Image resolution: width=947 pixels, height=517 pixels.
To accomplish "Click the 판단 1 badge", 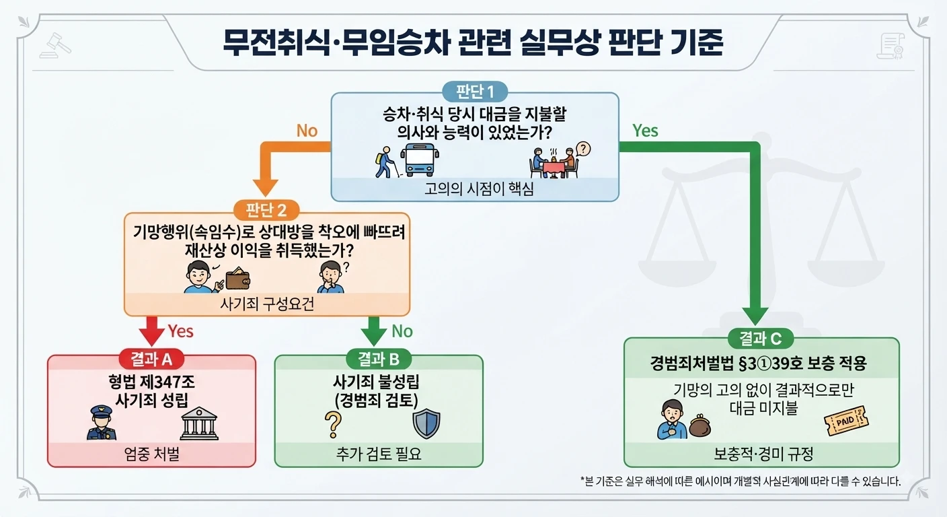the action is pos(475,92).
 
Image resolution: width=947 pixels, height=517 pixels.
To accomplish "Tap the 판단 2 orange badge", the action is pos(266,210).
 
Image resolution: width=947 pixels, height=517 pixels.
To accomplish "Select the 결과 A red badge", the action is pos(151,359).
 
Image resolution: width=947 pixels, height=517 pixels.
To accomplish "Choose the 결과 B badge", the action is pos(379,359).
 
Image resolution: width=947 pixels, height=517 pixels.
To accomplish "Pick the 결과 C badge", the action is pos(761,339).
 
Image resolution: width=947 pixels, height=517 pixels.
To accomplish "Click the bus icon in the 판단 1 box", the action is pos(420,160).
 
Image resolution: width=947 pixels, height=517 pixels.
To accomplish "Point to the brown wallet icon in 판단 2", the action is pos(237,279).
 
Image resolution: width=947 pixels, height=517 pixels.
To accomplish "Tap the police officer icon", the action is pos(102,423).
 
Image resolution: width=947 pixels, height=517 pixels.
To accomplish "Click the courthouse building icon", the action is pos(199,423).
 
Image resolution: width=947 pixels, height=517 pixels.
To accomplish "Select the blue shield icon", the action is pos(426,423).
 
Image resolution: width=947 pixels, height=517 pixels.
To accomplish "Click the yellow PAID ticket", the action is pos(846,421).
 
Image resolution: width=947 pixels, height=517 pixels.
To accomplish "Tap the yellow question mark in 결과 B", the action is pos(333,425).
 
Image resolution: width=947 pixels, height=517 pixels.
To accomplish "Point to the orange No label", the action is pos(307,131).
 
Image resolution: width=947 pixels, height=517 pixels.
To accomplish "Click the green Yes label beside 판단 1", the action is pos(645,131).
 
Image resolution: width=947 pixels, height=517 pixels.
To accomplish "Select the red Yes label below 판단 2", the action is pos(180,331).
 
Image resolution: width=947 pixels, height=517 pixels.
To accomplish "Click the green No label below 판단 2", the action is pos(402,331).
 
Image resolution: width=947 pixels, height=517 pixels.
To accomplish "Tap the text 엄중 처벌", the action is pos(152,454).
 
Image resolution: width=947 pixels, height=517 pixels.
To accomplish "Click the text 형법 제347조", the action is pos(152,382).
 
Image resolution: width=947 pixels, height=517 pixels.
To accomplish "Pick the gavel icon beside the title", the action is pos(55,45).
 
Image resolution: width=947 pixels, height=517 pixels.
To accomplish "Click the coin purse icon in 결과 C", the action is pos(699,425).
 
